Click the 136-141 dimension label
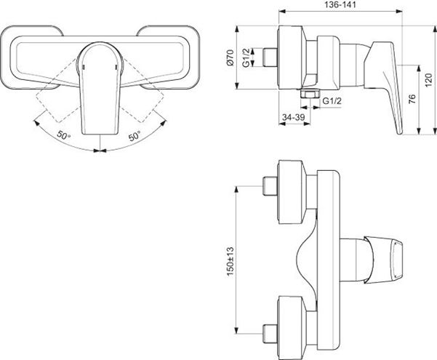pos(340,5)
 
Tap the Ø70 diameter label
pos(230,57)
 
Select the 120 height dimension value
pos(429,79)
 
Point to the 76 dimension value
pos(412,99)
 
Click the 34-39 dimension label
pos(294,117)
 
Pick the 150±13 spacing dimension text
pos(230,262)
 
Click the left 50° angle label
pos(64,135)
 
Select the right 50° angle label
pos(135,136)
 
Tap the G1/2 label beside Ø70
pos(246,57)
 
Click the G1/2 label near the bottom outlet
pos(332,101)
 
